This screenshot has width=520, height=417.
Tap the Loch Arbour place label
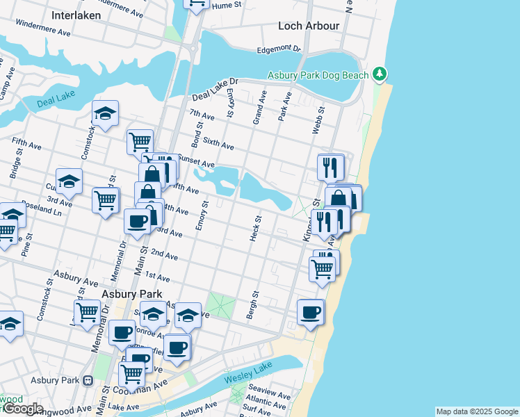[x=309, y=26]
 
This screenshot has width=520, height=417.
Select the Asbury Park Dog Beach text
[x=319, y=74]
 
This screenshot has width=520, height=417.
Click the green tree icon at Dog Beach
[x=379, y=74]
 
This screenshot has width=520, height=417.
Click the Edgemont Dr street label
[x=279, y=49]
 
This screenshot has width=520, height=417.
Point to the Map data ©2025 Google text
[x=476, y=411]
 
